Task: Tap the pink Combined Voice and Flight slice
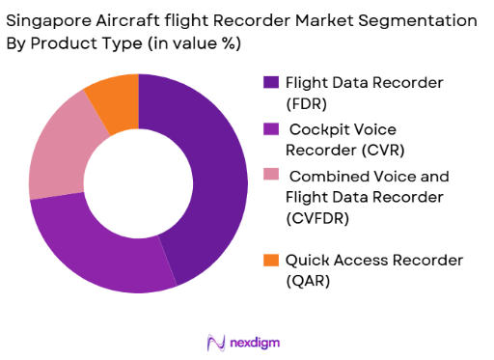pyautogui.click(x=58, y=154)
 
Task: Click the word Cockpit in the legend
pyautogui.click(x=323, y=128)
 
